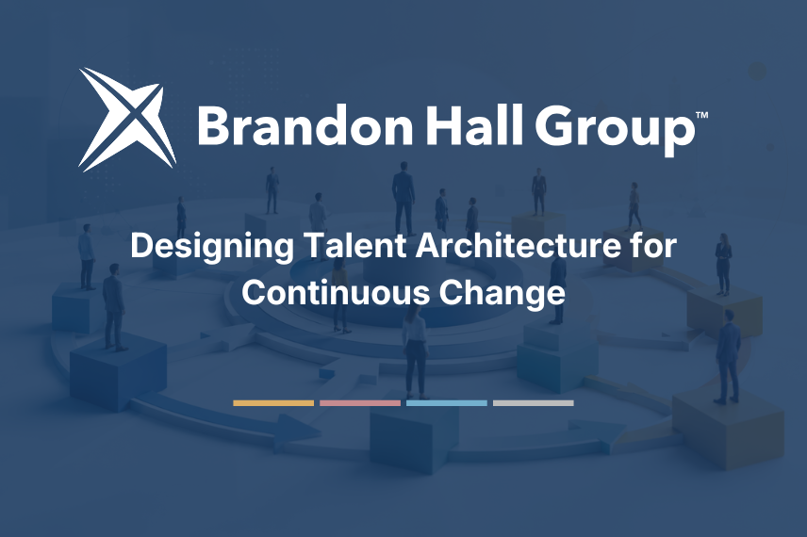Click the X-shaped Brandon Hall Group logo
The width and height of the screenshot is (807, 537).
click(127, 120)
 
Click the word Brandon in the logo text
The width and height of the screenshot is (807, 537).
click(305, 125)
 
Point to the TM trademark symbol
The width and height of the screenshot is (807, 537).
click(702, 115)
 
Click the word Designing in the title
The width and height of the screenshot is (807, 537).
click(211, 248)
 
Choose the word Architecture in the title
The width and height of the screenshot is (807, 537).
click(519, 245)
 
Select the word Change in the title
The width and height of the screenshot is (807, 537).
click(502, 295)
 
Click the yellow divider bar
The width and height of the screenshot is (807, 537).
click(273, 403)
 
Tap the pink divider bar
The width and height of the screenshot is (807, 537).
click(360, 403)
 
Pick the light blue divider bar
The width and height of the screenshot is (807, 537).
click(446, 403)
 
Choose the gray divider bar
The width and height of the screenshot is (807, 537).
click(534, 403)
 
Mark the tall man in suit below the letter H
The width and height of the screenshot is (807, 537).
click(403, 199)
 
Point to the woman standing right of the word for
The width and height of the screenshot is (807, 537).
click(723, 265)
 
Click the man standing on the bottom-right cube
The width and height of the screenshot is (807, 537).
click(728, 356)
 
